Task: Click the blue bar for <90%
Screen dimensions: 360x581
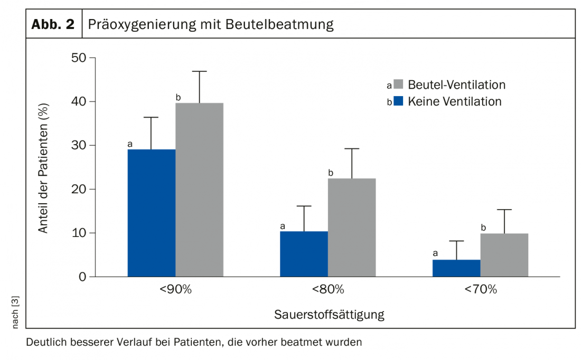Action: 152,213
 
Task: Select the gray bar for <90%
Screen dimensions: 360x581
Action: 199,190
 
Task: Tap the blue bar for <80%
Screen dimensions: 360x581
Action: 304,254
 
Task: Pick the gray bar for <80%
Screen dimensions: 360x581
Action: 352,228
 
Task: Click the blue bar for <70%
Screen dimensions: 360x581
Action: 456,268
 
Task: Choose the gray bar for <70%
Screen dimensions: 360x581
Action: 504,255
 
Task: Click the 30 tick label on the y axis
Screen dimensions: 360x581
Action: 78,146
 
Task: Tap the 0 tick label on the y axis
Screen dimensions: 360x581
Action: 82,277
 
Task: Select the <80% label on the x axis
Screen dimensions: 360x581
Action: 327,290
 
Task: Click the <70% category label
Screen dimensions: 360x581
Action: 480,290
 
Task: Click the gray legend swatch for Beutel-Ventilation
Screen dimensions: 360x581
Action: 398,84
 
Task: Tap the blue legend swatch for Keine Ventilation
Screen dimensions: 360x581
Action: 398,101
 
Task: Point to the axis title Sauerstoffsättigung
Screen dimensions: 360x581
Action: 329,315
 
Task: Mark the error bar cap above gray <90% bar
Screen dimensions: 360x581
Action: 199,71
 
